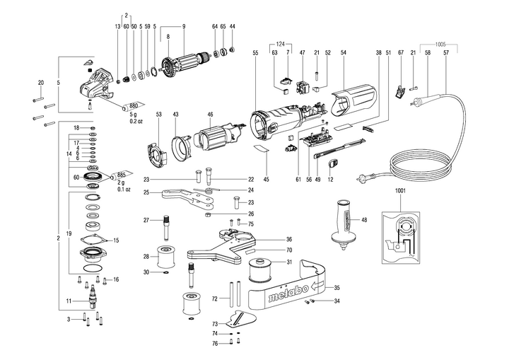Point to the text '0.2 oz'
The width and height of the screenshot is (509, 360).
(x=137, y=122)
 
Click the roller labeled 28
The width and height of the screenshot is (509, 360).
(x=167, y=255)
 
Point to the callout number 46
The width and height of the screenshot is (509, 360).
(x=210, y=114)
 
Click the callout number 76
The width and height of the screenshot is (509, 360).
(x=215, y=344)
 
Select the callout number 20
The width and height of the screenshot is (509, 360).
(x=40, y=82)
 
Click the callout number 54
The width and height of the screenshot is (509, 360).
(x=343, y=54)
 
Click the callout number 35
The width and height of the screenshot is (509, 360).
(x=337, y=287)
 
